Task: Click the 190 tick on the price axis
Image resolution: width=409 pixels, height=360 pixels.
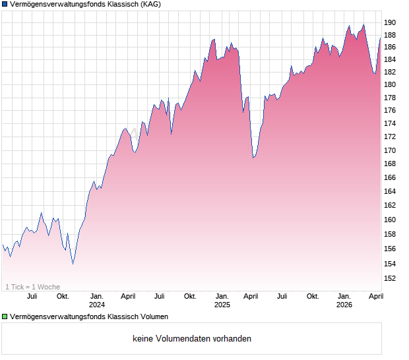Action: [390, 22]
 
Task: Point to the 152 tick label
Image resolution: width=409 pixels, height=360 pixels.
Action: [390, 278]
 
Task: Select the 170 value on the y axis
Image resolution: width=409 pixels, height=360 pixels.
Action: [390, 150]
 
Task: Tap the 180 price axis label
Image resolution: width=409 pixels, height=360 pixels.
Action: [390, 84]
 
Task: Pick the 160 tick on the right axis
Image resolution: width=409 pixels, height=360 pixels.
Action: [390, 220]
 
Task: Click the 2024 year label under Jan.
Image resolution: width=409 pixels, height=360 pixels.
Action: [97, 305]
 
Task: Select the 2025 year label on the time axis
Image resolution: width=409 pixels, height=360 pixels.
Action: [222, 305]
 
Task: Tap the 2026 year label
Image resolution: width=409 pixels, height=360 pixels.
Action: [344, 305]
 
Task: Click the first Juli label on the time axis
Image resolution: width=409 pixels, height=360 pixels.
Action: [31, 296]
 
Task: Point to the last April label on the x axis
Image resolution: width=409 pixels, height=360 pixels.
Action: [375, 296]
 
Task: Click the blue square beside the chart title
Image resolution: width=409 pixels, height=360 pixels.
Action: [5, 5]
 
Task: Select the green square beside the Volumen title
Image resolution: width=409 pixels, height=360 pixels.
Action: [5, 317]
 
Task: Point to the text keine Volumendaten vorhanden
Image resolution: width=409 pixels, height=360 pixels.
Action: [191, 339]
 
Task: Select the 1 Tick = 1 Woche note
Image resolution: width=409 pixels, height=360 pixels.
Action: [32, 287]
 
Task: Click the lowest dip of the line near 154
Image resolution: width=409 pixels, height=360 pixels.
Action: [73, 264]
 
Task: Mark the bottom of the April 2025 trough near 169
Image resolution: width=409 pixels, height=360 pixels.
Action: [253, 158]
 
